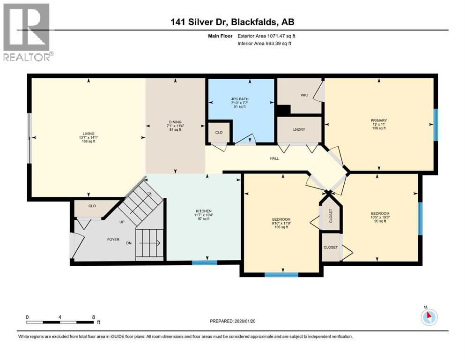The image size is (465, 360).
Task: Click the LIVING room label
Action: (x=88, y=133)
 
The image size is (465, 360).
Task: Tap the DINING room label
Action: (x=175, y=122)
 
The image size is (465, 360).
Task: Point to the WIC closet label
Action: (x=303, y=94)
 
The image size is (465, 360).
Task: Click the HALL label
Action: (x=274, y=158)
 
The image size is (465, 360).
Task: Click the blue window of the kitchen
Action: (x=205, y=262)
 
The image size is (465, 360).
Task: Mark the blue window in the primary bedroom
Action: (x=435, y=125)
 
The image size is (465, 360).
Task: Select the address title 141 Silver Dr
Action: (x=232, y=22)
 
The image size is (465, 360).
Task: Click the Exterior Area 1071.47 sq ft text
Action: (x=267, y=36)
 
